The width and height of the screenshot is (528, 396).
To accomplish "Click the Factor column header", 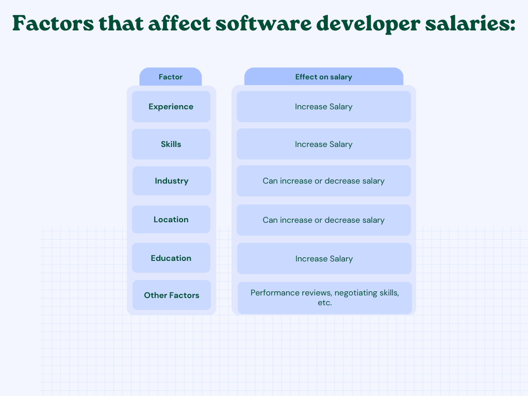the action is (170, 77).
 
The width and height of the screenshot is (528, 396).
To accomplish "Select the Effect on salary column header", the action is (324, 77).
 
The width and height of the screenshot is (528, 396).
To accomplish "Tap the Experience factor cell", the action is (171, 107).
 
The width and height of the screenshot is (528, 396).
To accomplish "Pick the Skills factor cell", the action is (171, 144).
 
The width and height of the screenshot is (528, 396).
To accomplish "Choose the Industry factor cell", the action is (172, 181).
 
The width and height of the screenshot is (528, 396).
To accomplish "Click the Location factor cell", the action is (171, 220).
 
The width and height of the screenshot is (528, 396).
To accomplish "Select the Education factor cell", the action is (171, 258).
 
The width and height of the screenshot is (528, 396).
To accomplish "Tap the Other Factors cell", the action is (172, 295).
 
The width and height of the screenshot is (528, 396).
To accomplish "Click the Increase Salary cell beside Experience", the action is (324, 107).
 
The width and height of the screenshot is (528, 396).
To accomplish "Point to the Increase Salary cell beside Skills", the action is (324, 144).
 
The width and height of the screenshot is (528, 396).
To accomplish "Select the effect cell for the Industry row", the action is (324, 181).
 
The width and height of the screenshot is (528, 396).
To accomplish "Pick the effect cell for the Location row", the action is (324, 220).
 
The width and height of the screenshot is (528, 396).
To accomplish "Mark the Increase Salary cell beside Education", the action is (324, 259).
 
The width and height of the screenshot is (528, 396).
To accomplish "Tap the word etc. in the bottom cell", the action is (325, 303).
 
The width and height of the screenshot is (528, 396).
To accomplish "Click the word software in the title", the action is (263, 24).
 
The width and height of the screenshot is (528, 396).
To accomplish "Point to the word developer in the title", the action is (368, 24).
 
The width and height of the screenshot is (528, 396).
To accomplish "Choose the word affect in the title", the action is (179, 23).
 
